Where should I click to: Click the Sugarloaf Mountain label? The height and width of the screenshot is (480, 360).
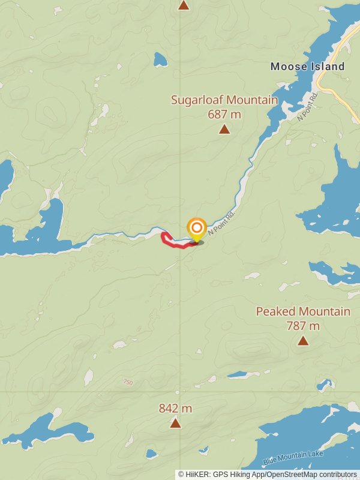[224, 100]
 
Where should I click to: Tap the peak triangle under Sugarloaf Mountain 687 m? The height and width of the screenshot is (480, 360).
[224, 129]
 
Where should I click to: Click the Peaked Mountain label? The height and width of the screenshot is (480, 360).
[303, 311]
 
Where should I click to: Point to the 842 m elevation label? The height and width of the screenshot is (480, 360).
[175, 409]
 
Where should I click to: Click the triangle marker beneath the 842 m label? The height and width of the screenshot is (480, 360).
[175, 424]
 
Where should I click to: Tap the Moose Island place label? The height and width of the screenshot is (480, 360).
[307, 67]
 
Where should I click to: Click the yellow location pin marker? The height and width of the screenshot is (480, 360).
[196, 229]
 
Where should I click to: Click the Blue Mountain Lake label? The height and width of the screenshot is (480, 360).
[293, 459]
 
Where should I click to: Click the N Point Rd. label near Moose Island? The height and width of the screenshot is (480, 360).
[307, 107]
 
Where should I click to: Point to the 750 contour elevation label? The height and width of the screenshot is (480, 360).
[127, 382]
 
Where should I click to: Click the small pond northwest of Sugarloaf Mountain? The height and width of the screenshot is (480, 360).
[160, 59]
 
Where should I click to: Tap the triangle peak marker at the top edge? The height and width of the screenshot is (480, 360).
[184, 5]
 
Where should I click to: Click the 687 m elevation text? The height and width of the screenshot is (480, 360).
[224, 114]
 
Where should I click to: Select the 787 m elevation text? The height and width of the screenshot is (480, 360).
[303, 326]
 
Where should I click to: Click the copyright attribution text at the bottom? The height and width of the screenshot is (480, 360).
[267, 475]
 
